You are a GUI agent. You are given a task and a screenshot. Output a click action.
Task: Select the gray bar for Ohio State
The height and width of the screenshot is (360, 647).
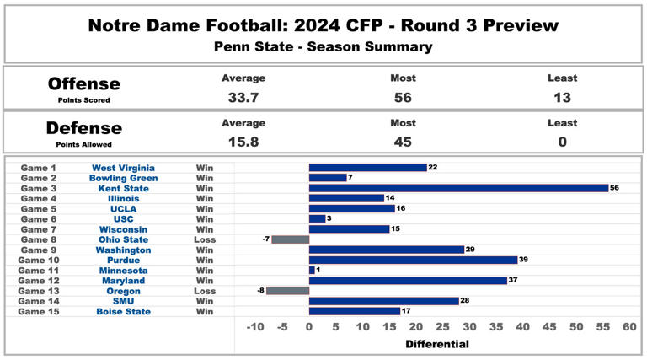coord(291,239)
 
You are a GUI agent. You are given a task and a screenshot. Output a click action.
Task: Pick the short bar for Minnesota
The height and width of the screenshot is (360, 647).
coord(312,270)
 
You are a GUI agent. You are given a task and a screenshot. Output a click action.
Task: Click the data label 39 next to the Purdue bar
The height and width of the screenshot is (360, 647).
coord(525,260)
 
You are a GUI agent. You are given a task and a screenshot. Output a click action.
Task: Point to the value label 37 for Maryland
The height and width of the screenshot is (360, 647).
coord(514,281)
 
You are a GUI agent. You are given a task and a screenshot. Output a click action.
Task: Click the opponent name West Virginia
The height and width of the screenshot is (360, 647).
coord(123,168)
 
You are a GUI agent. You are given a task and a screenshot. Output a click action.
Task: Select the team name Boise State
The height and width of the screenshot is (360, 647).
coord(123,311)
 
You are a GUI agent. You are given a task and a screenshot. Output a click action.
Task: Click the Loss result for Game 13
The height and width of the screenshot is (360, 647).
coord(205,291)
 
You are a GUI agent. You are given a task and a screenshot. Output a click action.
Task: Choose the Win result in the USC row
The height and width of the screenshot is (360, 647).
coord(205,219)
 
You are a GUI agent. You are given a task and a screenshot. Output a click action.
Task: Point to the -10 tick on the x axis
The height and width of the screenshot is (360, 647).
coord(255,327)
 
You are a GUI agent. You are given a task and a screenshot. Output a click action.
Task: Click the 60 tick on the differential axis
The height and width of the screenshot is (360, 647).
coord(629,327)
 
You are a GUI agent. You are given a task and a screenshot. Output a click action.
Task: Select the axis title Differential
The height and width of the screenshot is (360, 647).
coord(437,344)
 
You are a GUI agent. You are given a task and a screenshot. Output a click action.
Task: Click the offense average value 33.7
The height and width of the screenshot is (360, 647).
coord(243,97)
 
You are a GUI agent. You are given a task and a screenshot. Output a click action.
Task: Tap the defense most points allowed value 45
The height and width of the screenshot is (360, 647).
coord(404,141)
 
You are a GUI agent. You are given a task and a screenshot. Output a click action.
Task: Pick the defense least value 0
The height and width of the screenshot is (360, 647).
coord(561,141)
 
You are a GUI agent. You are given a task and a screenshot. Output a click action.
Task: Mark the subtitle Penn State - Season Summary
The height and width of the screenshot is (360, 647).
coord(323,46)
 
